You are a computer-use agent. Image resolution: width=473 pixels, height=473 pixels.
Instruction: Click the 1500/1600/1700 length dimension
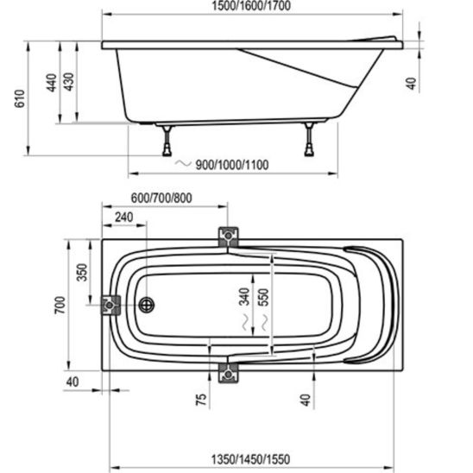[x=251, y=6]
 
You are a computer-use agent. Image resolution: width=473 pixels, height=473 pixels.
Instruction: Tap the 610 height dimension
[x=20, y=98]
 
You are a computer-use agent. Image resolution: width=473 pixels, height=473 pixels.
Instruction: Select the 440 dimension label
[x=52, y=82]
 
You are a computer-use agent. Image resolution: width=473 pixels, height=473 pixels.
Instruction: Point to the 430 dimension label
[x=69, y=82]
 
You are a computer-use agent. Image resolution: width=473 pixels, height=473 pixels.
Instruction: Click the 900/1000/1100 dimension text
[x=232, y=165]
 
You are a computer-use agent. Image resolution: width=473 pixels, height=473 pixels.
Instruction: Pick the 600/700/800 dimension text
[x=161, y=198]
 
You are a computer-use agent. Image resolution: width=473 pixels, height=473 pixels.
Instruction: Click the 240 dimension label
[x=123, y=218]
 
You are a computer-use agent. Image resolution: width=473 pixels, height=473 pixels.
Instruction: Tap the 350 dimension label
[x=82, y=273]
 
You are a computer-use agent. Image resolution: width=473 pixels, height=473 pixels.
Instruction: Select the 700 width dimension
[x=60, y=306]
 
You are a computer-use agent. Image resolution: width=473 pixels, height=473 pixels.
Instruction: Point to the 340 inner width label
[x=244, y=297]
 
